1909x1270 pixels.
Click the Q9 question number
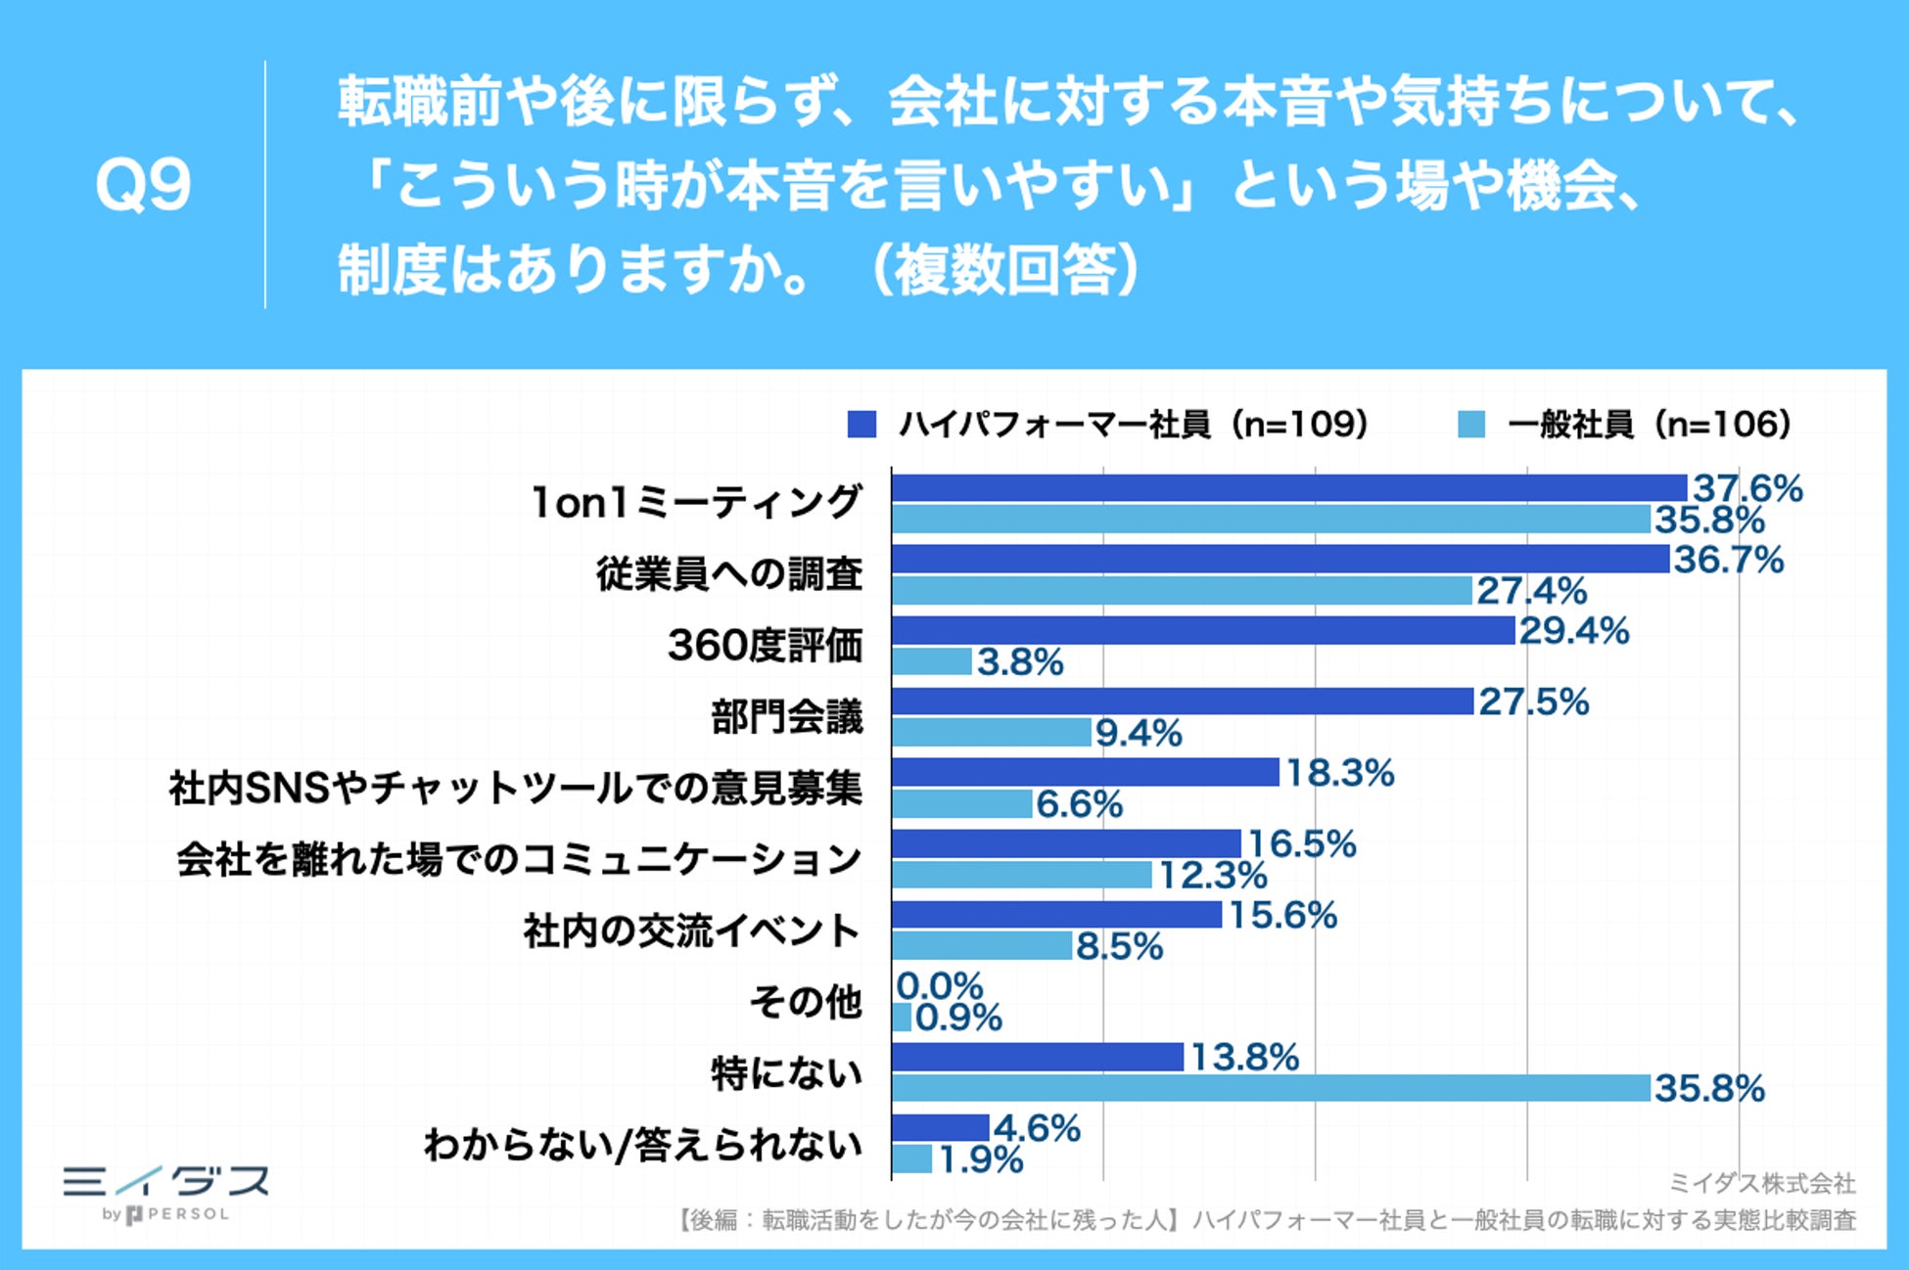click(143, 185)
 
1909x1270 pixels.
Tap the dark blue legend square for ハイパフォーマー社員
click(861, 425)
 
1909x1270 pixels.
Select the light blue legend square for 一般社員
click(1470, 425)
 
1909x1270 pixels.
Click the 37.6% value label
click(1747, 488)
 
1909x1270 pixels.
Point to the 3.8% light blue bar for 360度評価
click(932, 662)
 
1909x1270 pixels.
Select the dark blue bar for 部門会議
click(1183, 702)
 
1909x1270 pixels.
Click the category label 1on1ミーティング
click(696, 503)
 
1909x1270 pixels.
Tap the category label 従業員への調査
click(729, 574)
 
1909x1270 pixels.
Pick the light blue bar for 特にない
click(1271, 1088)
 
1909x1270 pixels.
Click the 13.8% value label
click(1244, 1057)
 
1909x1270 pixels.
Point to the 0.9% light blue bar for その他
click(902, 1018)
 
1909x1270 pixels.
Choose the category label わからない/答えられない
click(642, 1145)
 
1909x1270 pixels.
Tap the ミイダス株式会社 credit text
click(1761, 1184)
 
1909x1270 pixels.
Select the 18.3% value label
click(1339, 773)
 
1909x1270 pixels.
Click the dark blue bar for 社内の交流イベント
click(1057, 915)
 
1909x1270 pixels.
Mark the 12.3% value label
click(1213, 875)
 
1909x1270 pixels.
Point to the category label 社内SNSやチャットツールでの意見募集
click(515, 788)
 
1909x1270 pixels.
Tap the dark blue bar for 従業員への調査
click(1280, 559)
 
